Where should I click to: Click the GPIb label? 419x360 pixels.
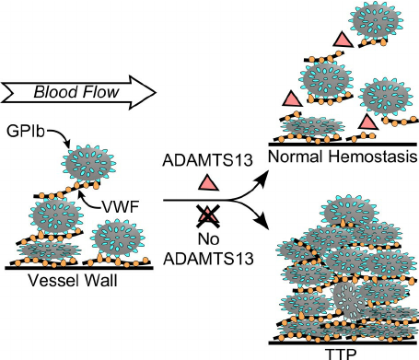click(x=26, y=132)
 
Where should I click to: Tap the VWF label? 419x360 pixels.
click(x=121, y=207)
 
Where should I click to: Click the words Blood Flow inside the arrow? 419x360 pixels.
click(x=76, y=92)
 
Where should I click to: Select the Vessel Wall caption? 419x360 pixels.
click(x=73, y=280)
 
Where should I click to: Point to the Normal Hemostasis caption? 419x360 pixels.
click(x=343, y=157)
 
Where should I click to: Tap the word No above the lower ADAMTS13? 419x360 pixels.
click(x=208, y=238)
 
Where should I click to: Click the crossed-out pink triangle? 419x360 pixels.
click(x=208, y=215)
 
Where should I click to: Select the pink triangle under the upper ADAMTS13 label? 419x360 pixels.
click(x=208, y=183)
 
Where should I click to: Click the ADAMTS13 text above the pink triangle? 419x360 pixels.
click(x=208, y=160)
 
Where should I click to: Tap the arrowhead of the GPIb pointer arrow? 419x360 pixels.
click(x=67, y=144)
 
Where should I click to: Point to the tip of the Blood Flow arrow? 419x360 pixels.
click(x=157, y=92)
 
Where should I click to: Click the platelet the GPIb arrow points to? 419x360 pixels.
click(x=88, y=164)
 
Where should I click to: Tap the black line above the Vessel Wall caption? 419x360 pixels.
click(x=79, y=268)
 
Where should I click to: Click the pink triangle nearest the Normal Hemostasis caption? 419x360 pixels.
click(x=367, y=122)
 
